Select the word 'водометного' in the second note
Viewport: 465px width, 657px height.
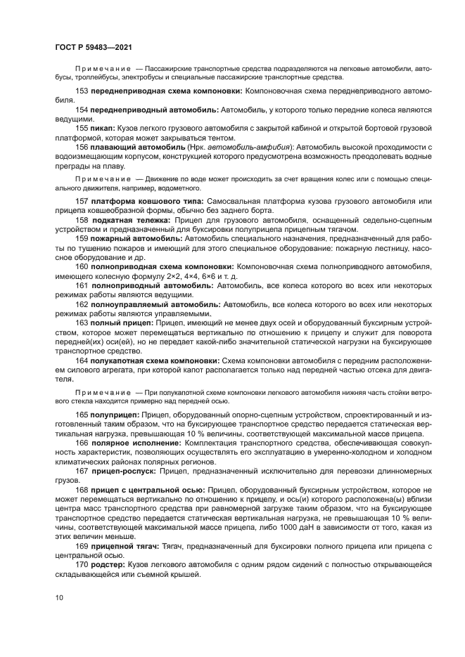pos(179,188)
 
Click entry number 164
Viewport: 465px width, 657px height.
pos(80,358)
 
